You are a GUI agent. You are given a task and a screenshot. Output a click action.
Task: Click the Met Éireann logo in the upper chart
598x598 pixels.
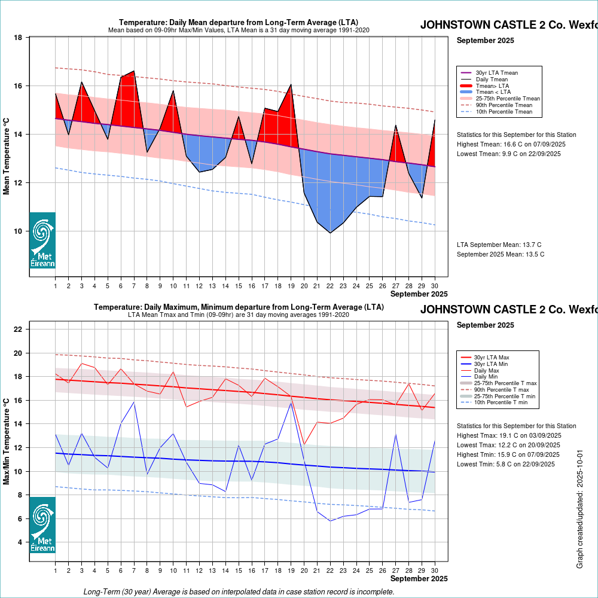(x=42, y=240)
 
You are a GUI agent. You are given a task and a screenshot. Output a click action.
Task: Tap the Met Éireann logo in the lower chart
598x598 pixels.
(x=42, y=525)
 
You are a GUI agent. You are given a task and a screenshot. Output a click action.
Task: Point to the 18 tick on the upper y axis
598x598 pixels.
(x=18, y=38)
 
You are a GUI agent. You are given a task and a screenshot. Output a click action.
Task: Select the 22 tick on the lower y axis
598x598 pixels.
(x=18, y=329)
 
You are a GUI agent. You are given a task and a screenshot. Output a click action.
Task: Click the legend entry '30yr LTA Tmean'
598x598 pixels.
(x=497, y=73)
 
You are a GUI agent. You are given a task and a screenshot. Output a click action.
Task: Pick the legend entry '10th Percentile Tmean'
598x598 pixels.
(x=504, y=111)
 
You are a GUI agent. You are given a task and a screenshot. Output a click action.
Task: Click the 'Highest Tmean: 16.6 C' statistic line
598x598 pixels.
(x=511, y=144)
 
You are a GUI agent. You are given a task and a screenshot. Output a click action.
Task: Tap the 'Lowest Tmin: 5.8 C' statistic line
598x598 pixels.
(x=508, y=464)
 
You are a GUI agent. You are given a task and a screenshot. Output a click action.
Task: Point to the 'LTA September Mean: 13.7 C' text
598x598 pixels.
(x=499, y=245)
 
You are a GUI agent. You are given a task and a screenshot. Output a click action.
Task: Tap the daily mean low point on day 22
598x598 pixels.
(x=330, y=233)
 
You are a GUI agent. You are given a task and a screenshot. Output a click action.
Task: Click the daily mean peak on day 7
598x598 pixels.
(x=133, y=71)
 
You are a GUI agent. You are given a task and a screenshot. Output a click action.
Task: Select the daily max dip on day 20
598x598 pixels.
(x=304, y=444)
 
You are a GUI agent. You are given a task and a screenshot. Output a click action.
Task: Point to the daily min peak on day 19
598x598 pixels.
(x=291, y=402)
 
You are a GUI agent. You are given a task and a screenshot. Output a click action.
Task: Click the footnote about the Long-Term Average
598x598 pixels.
(x=239, y=591)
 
